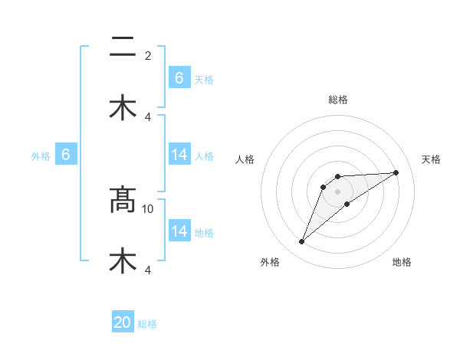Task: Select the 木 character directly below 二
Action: click(x=123, y=108)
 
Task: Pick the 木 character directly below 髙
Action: click(x=123, y=260)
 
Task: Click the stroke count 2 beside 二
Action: click(x=148, y=56)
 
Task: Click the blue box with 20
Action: click(x=123, y=323)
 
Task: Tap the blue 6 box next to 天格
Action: click(x=179, y=78)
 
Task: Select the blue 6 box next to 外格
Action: click(x=66, y=155)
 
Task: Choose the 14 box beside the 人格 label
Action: click(x=179, y=155)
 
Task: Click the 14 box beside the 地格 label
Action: click(x=179, y=231)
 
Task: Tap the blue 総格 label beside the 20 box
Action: click(x=147, y=324)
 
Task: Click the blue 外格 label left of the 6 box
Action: click(x=41, y=156)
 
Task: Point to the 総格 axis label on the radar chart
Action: click(x=337, y=100)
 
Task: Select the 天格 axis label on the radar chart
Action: click(x=431, y=159)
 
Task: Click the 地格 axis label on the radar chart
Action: click(x=402, y=262)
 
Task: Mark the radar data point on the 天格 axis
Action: click(x=396, y=172)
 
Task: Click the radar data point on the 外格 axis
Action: click(x=301, y=242)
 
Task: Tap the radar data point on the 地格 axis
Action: click(x=347, y=204)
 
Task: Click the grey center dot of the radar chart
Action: click(x=337, y=191)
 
